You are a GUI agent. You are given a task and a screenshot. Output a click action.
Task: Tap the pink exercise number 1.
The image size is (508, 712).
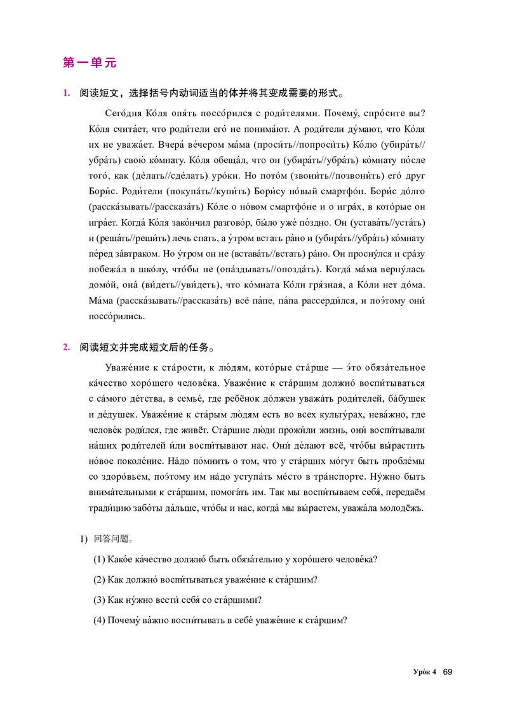coord(65,94)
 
